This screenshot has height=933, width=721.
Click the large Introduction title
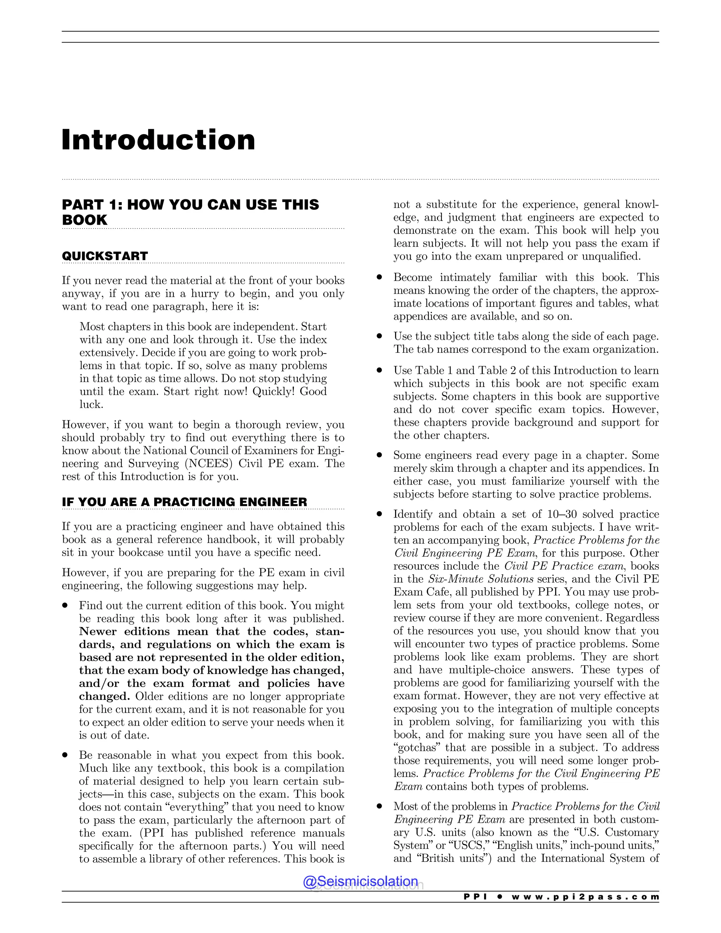158,140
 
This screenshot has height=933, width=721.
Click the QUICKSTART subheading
105,256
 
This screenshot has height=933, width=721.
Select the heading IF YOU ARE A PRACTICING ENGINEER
184,502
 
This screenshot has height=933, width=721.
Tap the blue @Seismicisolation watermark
360,881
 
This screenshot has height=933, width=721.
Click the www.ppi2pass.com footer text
585,897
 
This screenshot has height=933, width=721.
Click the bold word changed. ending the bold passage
104,696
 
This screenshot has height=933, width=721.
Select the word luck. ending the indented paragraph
92,405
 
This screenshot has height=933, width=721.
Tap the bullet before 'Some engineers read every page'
379,455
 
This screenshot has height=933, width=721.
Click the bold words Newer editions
126,631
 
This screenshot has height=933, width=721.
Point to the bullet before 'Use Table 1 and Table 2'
379,371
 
